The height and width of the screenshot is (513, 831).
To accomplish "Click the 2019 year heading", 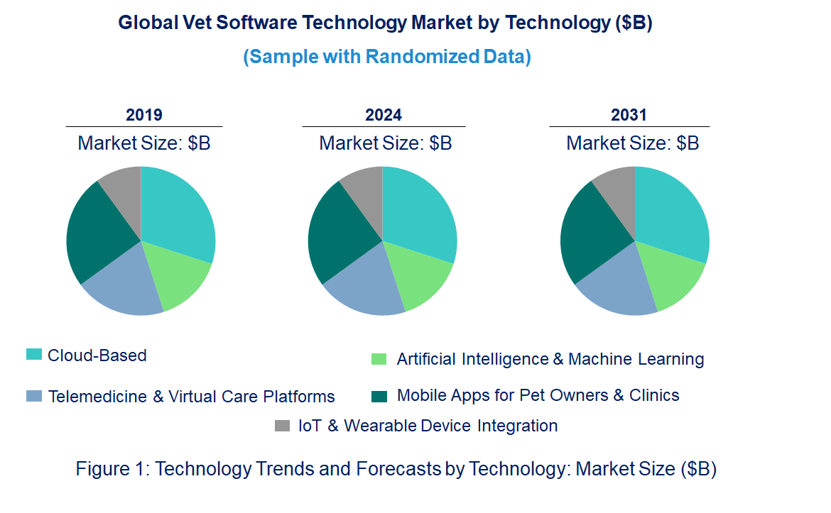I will tap(144, 115).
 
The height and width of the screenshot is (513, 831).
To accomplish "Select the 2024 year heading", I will tap(384, 115).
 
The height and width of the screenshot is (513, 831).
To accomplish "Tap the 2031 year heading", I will tap(629, 115).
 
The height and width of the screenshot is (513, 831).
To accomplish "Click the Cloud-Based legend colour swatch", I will tap(33, 354).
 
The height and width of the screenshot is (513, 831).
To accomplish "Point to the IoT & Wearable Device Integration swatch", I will tap(283, 426).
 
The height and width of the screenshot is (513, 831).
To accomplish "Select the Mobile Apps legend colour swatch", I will tap(380, 395).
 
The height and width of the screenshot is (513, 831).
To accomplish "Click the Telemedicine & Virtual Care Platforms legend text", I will tap(191, 396).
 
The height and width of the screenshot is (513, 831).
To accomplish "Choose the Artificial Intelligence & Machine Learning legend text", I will tap(550, 359).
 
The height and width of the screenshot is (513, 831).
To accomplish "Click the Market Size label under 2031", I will tap(632, 143).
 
